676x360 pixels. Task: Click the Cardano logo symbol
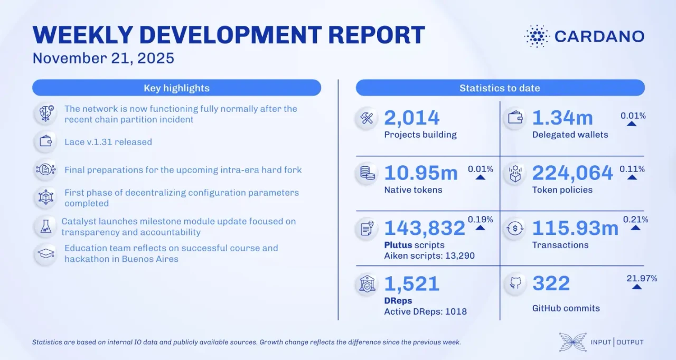pos(537,36)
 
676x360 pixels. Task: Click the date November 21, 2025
pos(104,58)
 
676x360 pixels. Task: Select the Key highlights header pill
pos(176,88)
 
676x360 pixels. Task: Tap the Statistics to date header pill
pos(500,88)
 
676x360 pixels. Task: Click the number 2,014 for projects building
pos(412,118)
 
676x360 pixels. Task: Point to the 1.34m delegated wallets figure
pos(562,118)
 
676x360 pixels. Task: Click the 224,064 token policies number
pos(572,173)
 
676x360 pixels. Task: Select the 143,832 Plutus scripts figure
pos(425,228)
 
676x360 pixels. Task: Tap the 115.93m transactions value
pos(575,228)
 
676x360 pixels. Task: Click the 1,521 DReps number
pos(412,283)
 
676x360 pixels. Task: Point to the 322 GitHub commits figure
pos(551,283)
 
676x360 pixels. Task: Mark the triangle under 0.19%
pos(480,228)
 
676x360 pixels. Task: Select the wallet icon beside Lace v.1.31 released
pos(46,141)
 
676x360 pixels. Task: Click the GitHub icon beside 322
pos(514,284)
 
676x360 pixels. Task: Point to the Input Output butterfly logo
pos(572,342)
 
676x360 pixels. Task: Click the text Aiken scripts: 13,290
pos(429,255)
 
